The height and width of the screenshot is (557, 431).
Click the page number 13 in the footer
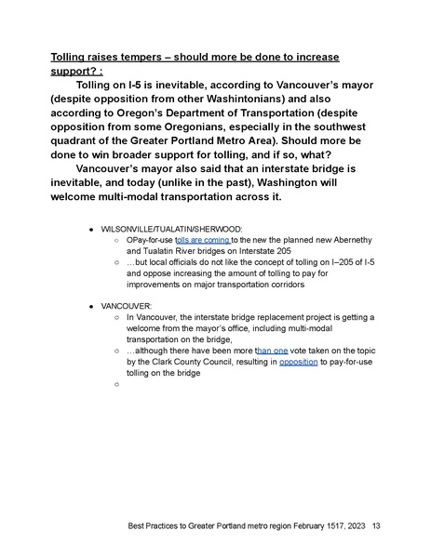coord(376,526)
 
